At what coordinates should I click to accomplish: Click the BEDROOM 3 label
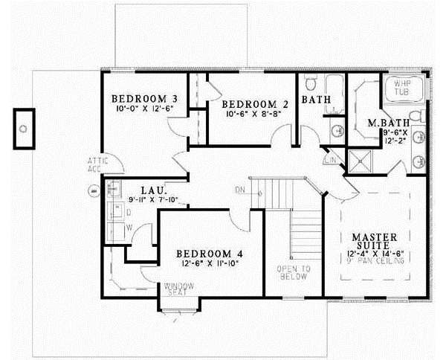144,99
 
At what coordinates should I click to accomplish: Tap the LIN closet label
331,159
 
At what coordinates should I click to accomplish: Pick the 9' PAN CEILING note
375,262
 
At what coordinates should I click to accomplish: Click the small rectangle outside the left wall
26,126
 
